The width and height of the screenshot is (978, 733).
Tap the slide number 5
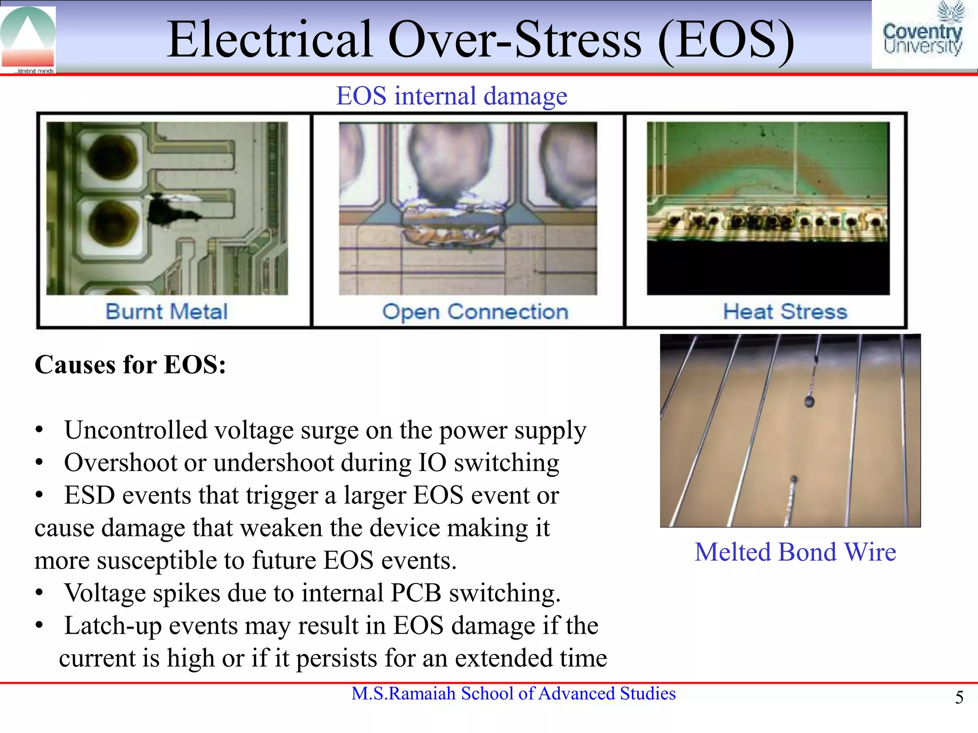[959, 698]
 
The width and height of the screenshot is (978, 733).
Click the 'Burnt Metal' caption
[166, 312]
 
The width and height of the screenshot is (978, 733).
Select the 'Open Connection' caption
[475, 312]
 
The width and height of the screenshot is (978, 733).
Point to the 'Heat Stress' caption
[785, 312]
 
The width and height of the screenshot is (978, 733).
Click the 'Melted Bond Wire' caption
[795, 552]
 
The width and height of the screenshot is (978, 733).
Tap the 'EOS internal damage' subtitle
[451, 96]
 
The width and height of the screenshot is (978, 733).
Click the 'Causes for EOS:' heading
[130, 365]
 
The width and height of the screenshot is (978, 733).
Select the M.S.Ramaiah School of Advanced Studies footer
[513, 693]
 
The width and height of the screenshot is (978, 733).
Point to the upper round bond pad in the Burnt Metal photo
[113, 157]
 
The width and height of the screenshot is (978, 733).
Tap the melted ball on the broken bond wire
[809, 401]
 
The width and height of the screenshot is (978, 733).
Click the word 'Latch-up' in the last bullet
[113, 626]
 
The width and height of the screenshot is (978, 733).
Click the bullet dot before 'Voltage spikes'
[40, 593]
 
